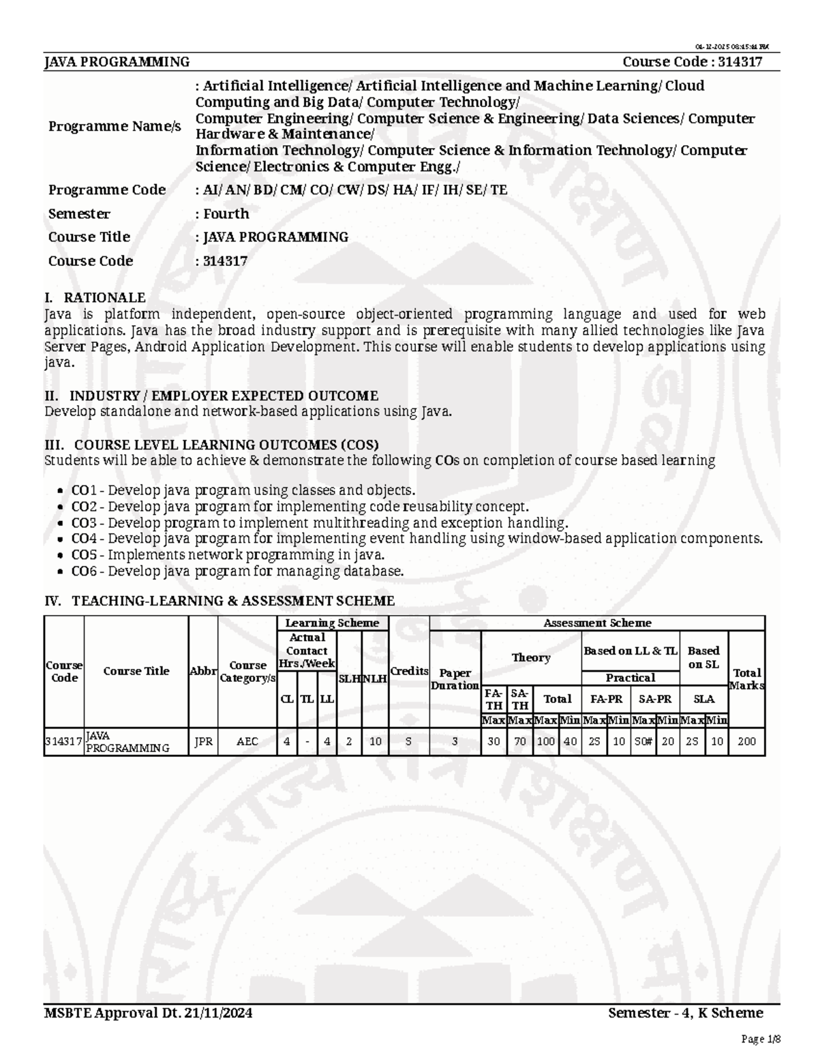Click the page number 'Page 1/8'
tap(760, 1039)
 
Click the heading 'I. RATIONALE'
tap(95, 297)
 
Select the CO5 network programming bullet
tap(228, 555)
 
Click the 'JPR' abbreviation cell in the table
tap(203, 741)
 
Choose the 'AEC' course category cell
tap(247, 741)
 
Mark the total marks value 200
tap(746, 741)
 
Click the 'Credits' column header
tap(409, 671)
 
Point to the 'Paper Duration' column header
tap(455, 679)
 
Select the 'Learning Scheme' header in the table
tap(332, 623)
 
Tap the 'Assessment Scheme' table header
tap(596, 623)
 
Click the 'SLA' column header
tap(703, 699)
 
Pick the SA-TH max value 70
tap(519, 741)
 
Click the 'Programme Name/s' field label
tap(115, 126)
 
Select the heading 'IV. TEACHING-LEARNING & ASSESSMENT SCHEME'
tap(219, 601)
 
